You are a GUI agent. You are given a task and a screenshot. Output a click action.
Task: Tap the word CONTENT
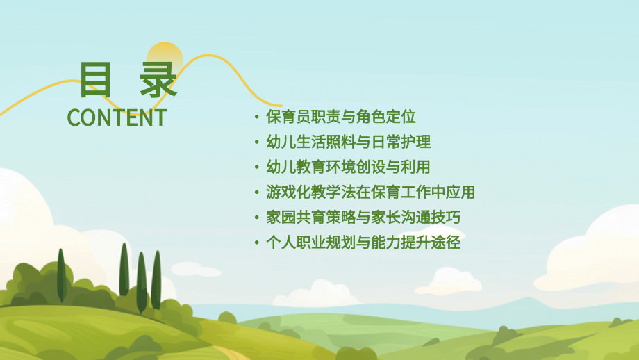click(x=117, y=117)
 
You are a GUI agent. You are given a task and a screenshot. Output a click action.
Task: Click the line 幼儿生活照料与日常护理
click(x=348, y=142)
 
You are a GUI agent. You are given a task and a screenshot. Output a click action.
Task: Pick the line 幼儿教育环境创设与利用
click(x=348, y=167)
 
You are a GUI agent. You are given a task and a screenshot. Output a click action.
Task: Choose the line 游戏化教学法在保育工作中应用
click(x=370, y=193)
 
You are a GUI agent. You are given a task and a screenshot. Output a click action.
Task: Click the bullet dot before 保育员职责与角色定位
click(x=257, y=117)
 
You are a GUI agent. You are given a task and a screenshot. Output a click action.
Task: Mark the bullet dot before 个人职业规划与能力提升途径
click(x=257, y=243)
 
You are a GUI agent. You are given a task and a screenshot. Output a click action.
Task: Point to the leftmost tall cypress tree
click(x=61, y=275)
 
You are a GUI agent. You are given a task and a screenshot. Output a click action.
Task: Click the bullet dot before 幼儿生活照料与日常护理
click(x=257, y=142)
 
